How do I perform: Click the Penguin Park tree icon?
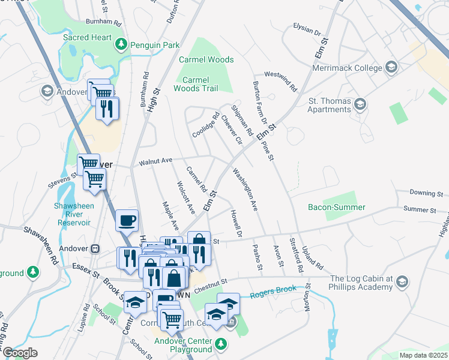tap(121, 44)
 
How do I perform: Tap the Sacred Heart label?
tap(88, 38)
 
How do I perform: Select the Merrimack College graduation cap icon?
tap(393, 66)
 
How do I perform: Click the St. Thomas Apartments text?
tap(330, 105)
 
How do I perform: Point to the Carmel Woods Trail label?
tap(196, 84)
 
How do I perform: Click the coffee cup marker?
tap(127, 220)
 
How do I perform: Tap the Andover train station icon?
tap(94, 248)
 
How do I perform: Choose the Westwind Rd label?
tap(281, 81)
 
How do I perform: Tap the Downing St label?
tap(426, 193)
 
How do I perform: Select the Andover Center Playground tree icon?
tap(221, 344)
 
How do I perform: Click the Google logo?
tap(20, 353)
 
